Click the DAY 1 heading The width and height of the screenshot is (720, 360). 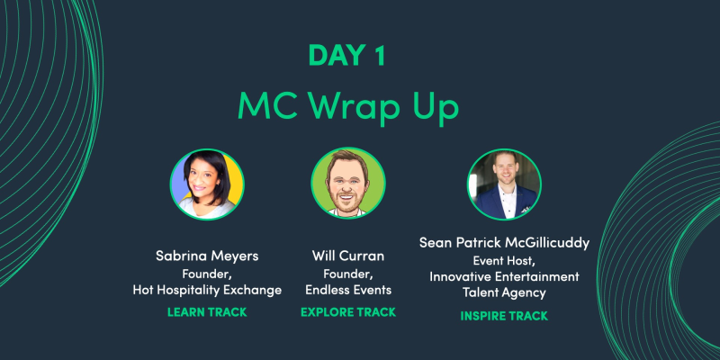(x=347, y=56)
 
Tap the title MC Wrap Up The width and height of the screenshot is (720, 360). (x=348, y=106)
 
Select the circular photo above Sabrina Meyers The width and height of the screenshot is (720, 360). (x=208, y=185)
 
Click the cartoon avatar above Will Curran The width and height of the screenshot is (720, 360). (x=348, y=184)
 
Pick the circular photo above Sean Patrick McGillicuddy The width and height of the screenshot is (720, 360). (x=503, y=184)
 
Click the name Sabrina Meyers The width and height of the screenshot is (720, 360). (x=207, y=256)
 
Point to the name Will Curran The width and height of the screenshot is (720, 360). (x=348, y=256)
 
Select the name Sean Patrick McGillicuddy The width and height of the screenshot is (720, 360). (x=503, y=243)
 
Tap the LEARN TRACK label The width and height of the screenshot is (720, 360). (x=207, y=312)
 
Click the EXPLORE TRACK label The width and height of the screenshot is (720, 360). (x=348, y=312)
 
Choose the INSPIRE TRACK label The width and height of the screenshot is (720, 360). (x=503, y=316)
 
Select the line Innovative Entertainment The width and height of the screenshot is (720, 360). (x=503, y=276)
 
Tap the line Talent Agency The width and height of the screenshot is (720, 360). (x=503, y=292)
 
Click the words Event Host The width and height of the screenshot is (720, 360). (x=503, y=260)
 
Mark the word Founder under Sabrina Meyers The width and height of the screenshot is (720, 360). (x=207, y=273)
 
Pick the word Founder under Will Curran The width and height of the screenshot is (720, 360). (x=348, y=273)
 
